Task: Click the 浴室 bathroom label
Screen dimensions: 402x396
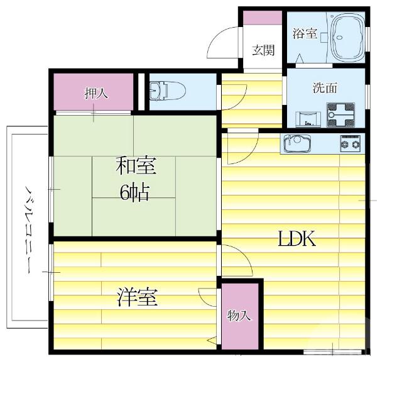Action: coord(305,33)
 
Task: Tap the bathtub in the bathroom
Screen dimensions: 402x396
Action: coord(347,36)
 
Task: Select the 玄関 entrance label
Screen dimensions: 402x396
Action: coord(263,50)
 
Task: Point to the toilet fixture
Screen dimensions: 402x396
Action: coord(167,91)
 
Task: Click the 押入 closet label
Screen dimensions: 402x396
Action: coord(96,93)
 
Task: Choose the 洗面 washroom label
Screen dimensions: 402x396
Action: coord(325,88)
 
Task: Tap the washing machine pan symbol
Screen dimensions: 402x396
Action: coord(340,115)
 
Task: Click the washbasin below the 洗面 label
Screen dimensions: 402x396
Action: coord(308,119)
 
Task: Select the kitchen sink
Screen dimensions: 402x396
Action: coord(297,143)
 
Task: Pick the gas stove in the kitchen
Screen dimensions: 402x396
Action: coord(350,143)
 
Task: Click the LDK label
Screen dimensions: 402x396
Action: coord(296,238)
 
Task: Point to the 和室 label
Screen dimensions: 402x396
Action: coord(136,166)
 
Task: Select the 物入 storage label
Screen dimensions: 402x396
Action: coord(239,316)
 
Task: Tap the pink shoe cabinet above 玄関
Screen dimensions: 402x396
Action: coord(263,18)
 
